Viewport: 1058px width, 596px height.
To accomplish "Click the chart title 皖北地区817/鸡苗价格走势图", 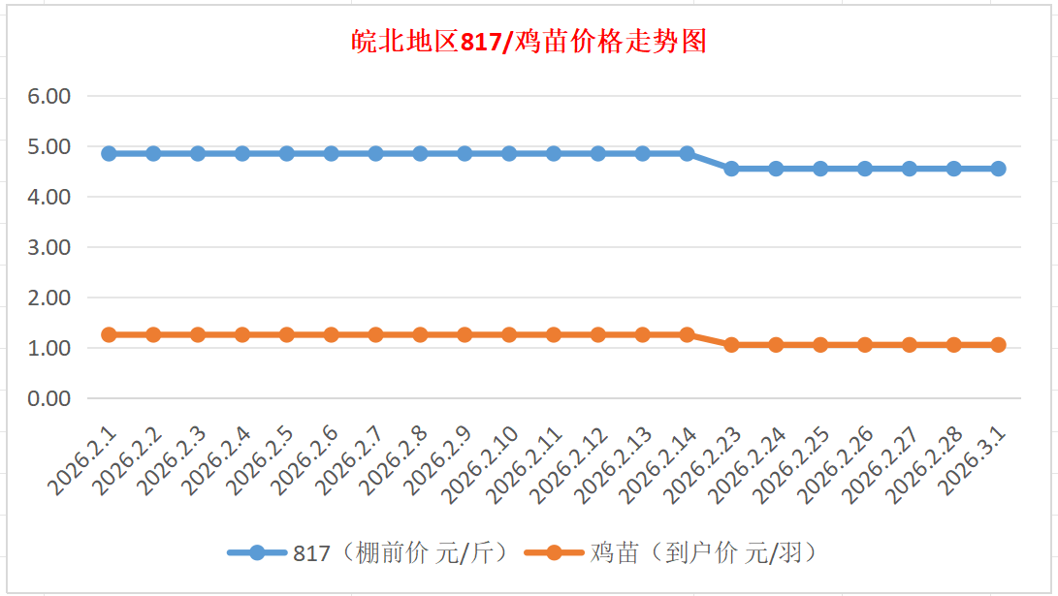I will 529,42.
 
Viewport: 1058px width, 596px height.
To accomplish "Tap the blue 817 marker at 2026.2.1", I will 109,153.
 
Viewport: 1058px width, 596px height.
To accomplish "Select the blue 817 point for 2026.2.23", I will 731,169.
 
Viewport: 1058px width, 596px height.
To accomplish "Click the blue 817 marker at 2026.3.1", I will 998,169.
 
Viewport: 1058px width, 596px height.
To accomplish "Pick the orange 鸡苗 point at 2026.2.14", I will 687,334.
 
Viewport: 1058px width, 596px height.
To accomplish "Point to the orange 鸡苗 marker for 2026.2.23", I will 731,345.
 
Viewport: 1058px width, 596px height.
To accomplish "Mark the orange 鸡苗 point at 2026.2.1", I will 109,334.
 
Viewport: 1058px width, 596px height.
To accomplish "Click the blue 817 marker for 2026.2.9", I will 465,153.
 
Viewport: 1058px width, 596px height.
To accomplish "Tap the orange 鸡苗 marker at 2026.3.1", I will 998,345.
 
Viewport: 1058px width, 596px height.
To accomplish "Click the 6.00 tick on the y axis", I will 50,96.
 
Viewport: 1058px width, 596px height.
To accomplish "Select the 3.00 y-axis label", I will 50,247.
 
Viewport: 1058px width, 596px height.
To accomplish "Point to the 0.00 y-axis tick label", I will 50,398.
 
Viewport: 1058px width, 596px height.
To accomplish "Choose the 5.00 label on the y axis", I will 50,146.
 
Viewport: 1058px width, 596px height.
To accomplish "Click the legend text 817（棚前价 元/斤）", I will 401,553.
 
